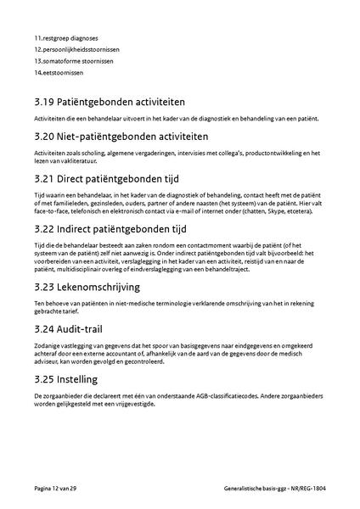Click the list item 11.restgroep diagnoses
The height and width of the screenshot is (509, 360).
(x=66, y=38)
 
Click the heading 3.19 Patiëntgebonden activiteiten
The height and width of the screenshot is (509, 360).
(x=116, y=102)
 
